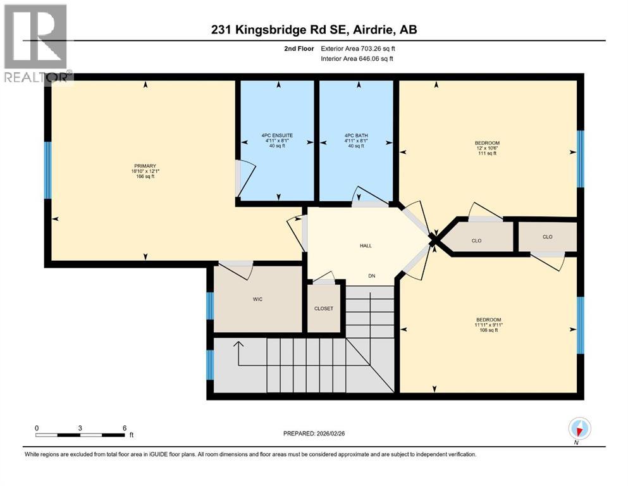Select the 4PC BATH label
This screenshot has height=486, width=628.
click(x=355, y=135)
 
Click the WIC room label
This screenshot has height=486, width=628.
click(x=257, y=299)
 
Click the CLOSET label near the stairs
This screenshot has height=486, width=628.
click(x=323, y=309)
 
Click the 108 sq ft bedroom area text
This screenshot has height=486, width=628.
click(x=487, y=330)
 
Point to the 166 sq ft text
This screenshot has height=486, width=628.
click(x=144, y=177)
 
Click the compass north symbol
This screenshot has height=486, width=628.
click(x=579, y=429)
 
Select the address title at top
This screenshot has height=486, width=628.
click(x=313, y=30)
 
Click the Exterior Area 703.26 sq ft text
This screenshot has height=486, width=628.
click(x=359, y=48)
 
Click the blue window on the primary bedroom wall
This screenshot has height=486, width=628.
click(x=47, y=170)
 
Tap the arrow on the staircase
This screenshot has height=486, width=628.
click(x=238, y=347)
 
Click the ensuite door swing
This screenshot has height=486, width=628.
click(x=245, y=177)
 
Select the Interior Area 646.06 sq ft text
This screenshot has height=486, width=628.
click(x=357, y=59)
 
